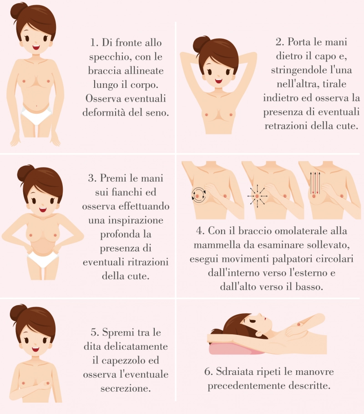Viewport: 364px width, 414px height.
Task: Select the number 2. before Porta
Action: point(279,42)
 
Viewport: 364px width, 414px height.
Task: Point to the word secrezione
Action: point(126,388)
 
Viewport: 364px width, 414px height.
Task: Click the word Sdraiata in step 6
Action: point(235,372)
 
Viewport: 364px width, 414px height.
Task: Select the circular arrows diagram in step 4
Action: point(198,195)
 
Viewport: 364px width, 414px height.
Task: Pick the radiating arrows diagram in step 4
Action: point(257,196)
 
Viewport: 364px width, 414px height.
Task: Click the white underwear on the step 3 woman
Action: point(43,259)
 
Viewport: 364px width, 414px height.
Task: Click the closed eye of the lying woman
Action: point(252,321)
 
